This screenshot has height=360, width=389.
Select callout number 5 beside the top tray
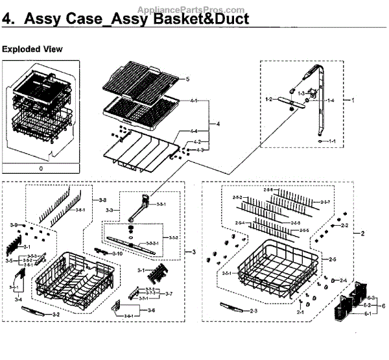point(186,78)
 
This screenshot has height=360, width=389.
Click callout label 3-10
point(117,253)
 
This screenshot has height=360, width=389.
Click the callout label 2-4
point(343,280)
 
